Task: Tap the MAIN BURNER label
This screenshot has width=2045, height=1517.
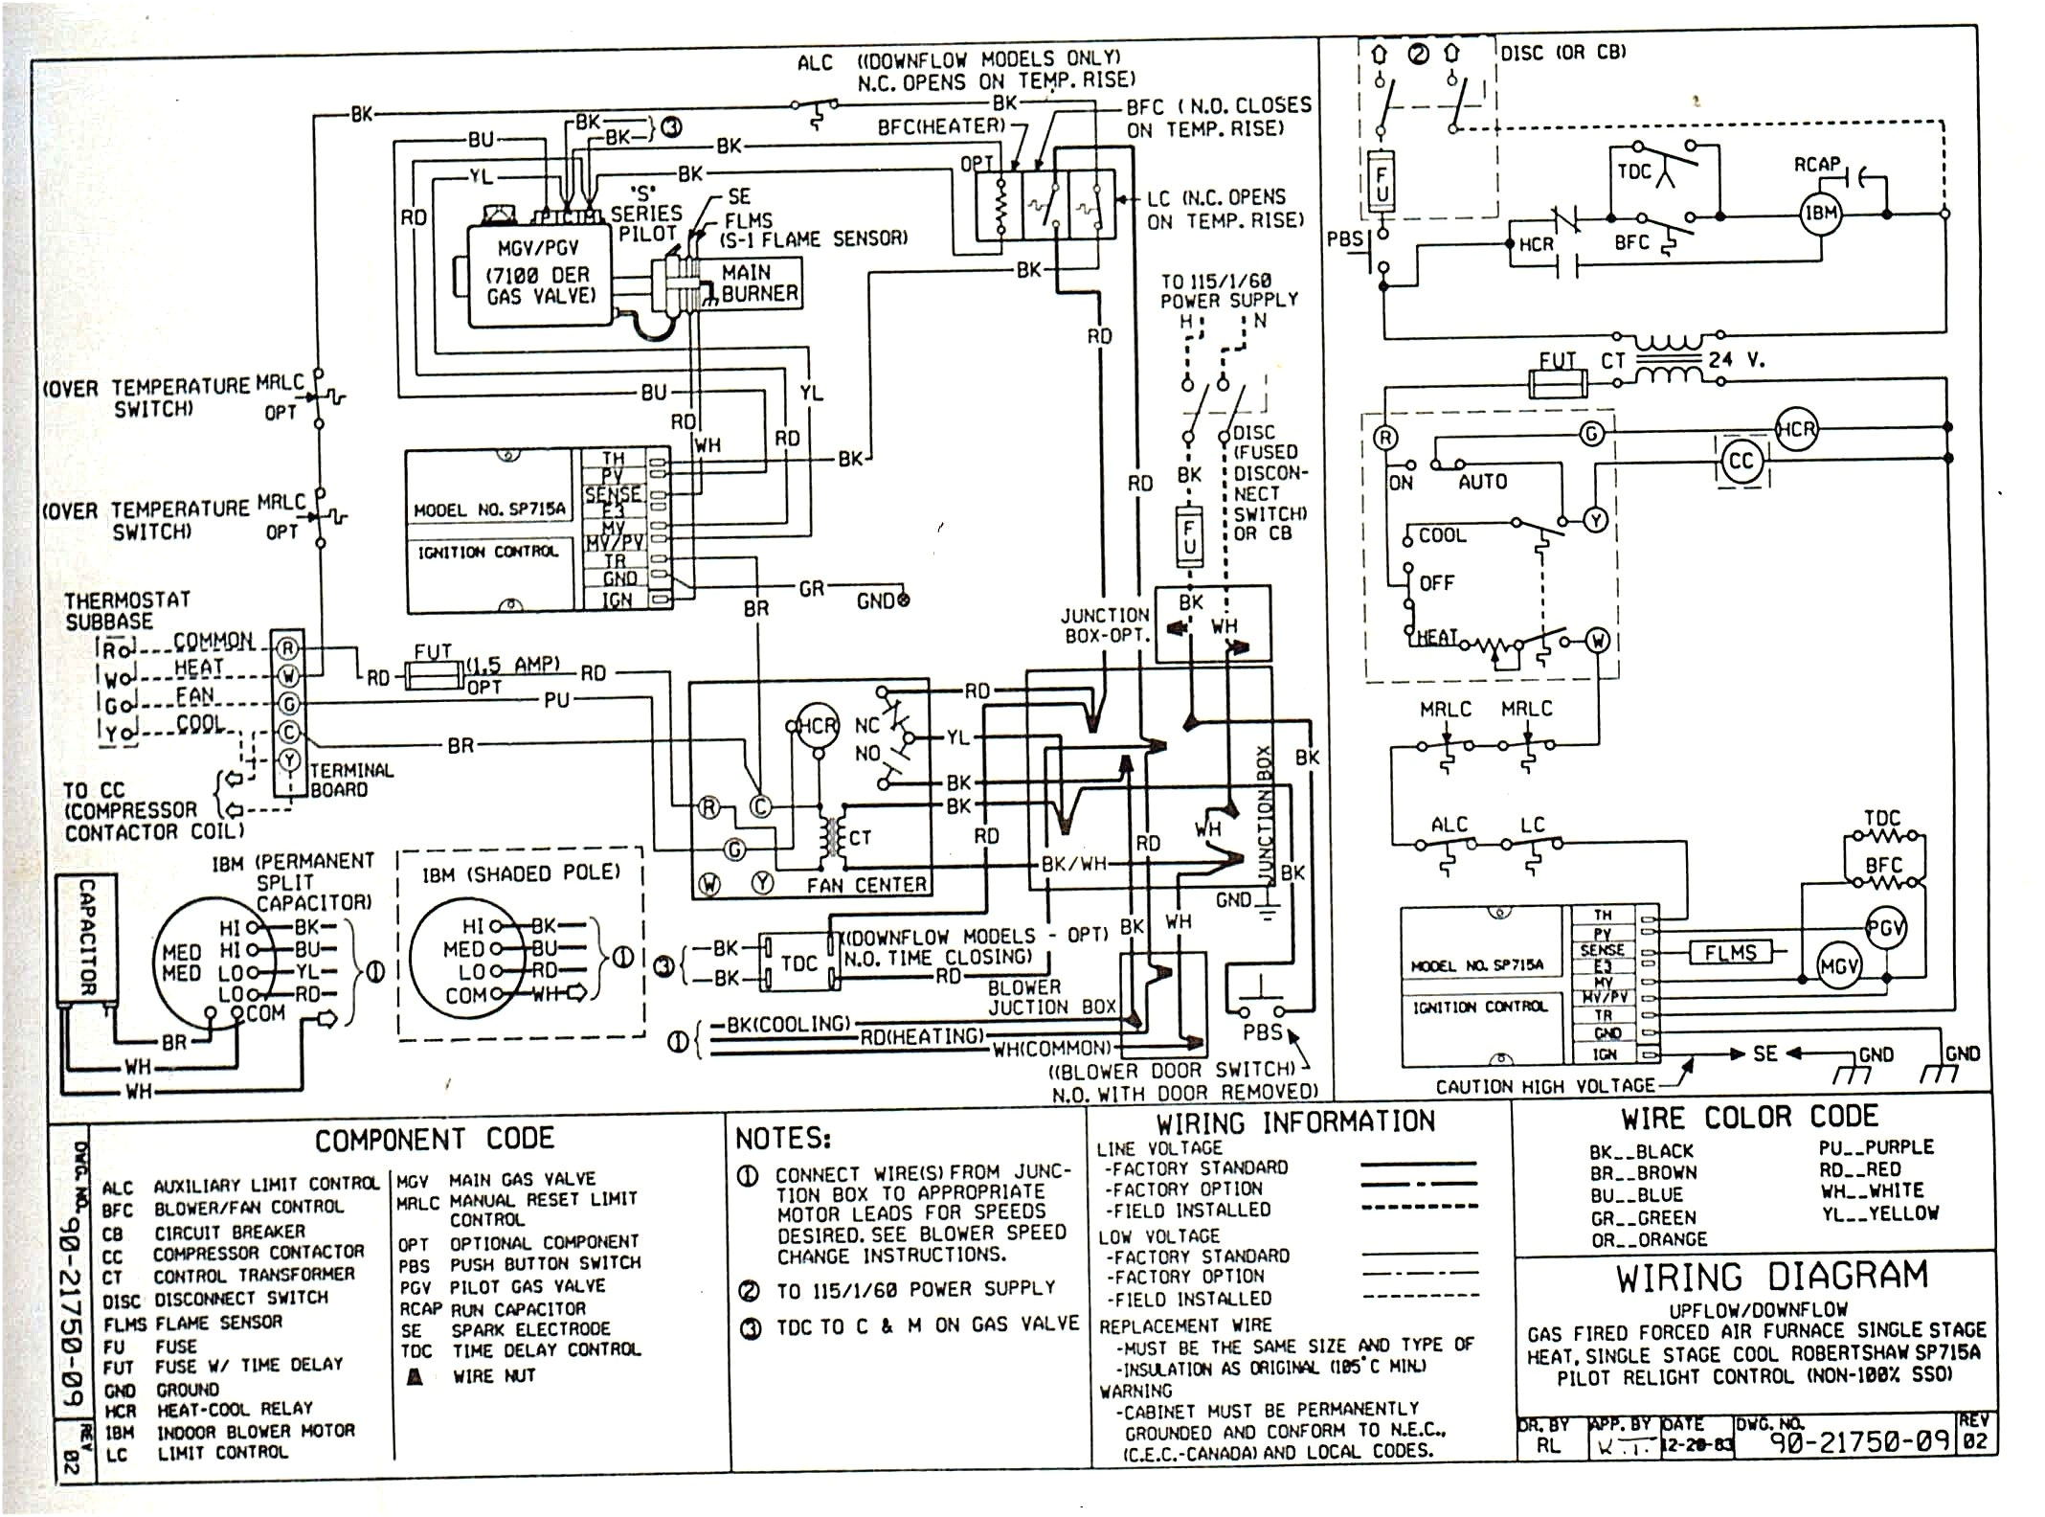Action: coord(759,283)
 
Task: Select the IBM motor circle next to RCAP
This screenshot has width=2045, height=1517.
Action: coord(1820,213)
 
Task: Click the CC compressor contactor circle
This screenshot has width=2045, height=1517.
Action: coord(1741,462)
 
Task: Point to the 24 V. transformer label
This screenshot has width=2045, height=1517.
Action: coord(1736,361)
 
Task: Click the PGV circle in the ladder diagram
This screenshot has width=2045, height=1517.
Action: coord(1885,927)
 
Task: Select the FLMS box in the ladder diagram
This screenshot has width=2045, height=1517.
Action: coord(1729,952)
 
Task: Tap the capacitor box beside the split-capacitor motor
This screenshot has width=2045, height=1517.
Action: coord(87,938)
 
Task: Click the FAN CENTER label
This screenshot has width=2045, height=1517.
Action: coord(865,885)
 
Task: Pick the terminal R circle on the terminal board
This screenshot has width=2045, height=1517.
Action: coord(288,649)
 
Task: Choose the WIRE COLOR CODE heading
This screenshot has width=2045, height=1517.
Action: coord(1748,1118)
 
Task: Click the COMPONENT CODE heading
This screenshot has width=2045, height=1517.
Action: coord(435,1139)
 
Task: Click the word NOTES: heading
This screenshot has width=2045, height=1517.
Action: coord(782,1138)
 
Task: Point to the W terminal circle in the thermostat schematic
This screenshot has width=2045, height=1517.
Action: coord(1597,640)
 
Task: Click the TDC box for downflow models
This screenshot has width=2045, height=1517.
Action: coord(798,962)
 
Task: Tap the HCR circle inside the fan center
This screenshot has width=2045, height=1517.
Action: coord(818,726)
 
